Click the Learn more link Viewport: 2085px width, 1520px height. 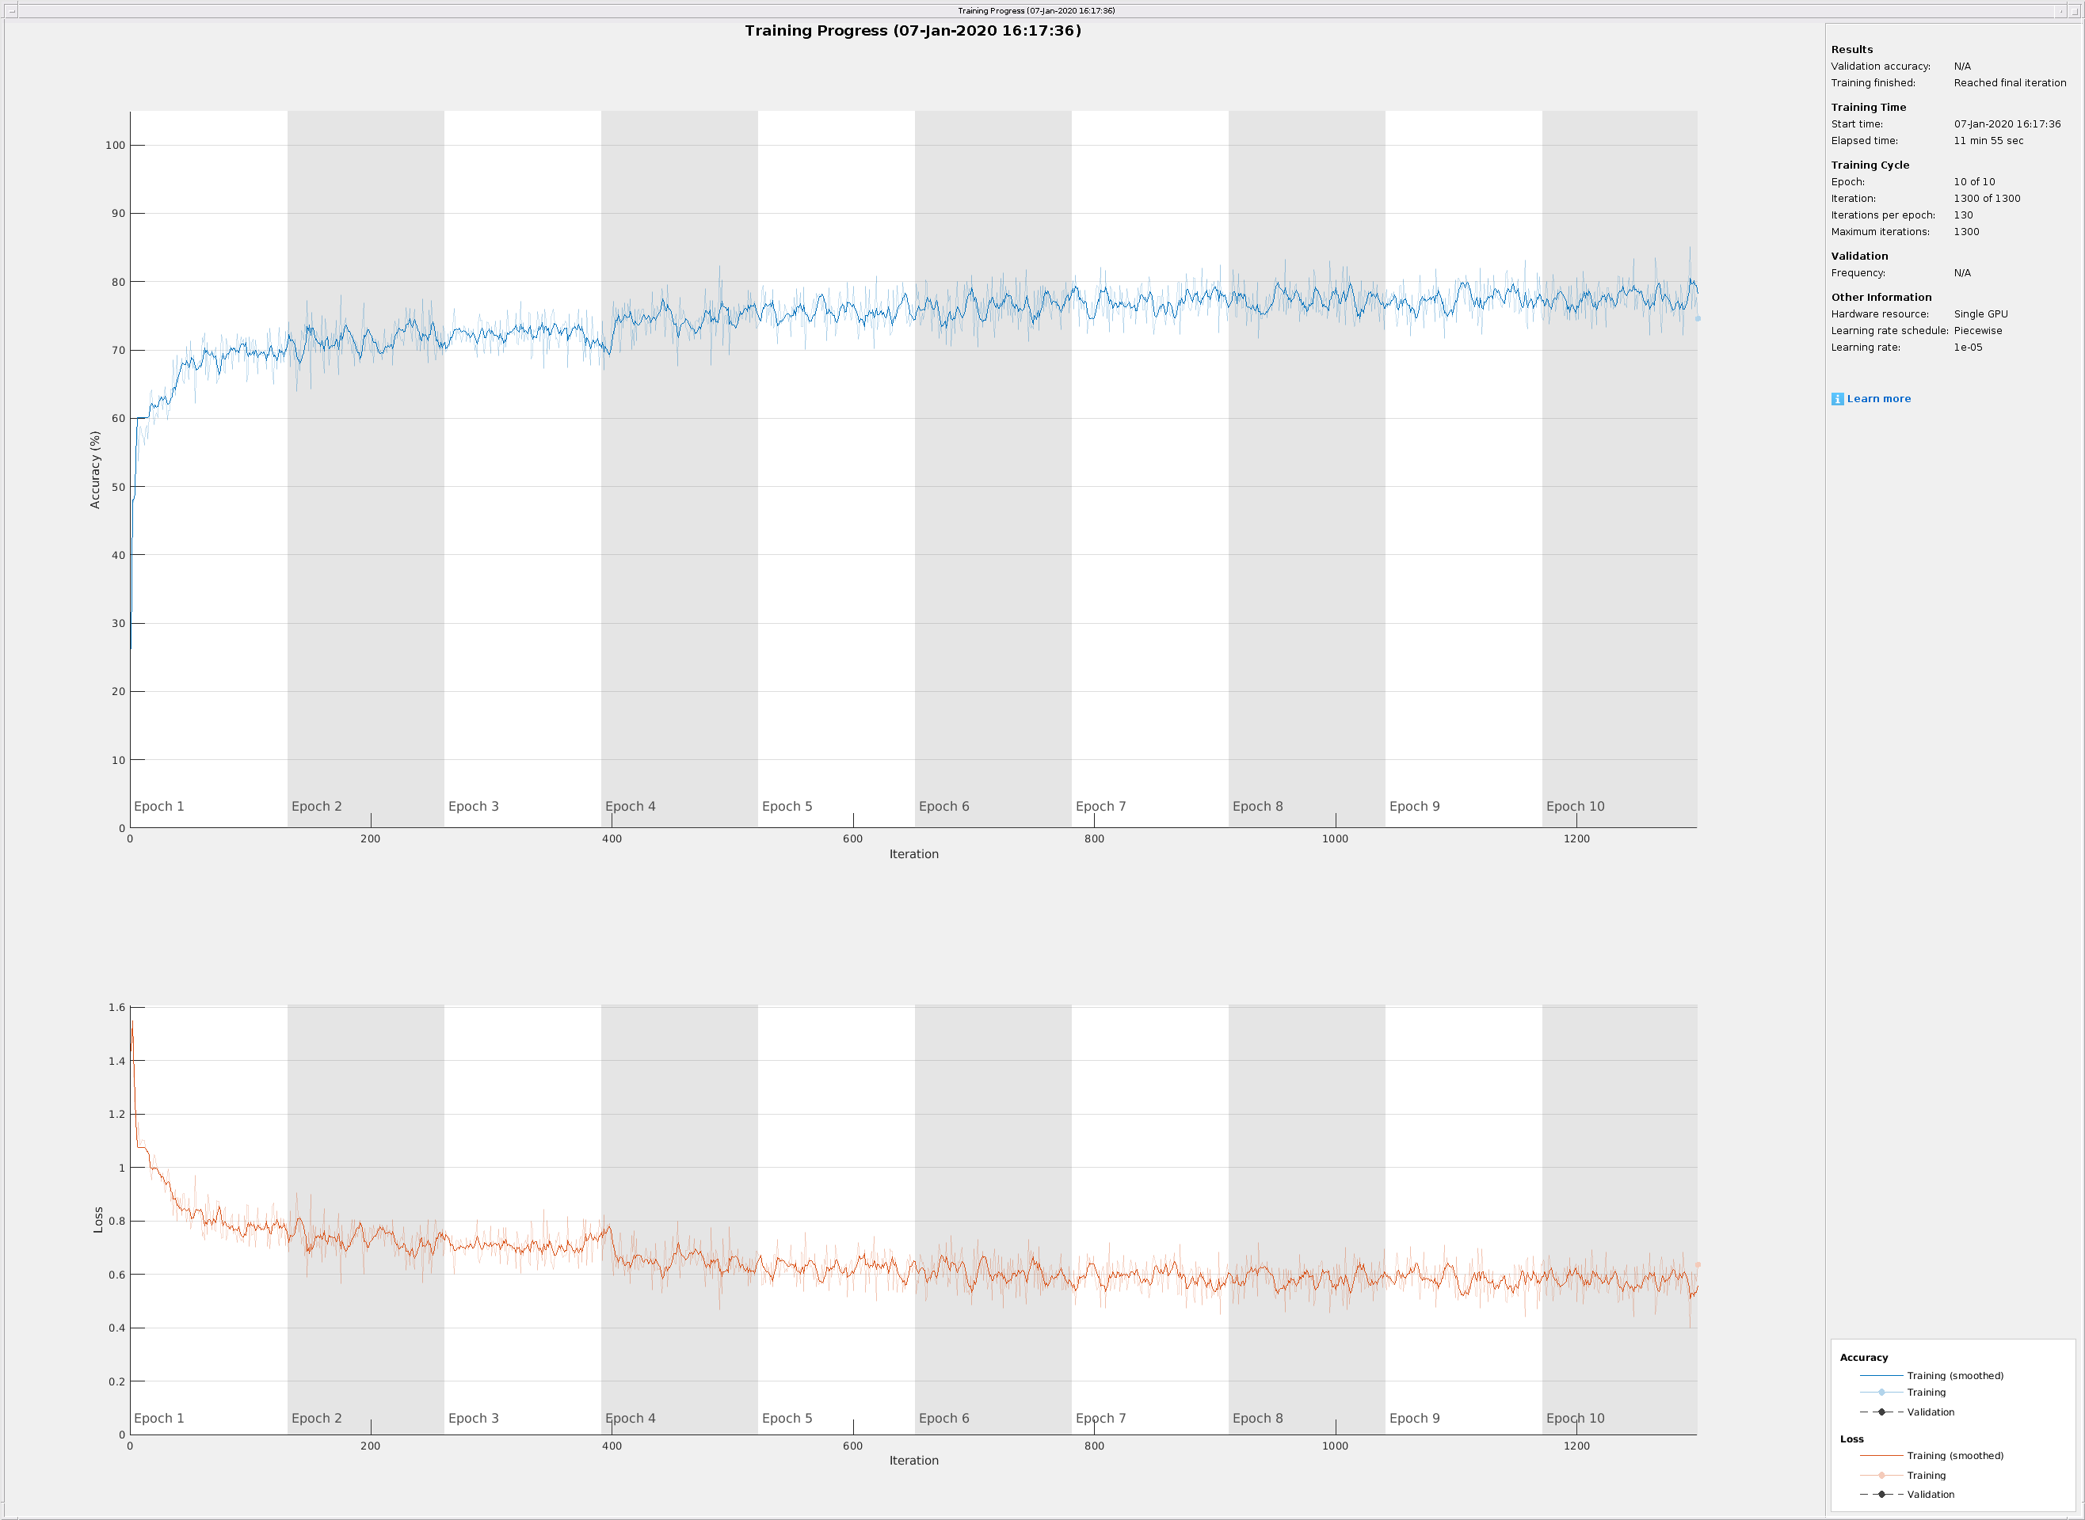(x=1878, y=398)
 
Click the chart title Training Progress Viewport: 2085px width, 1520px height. (x=913, y=30)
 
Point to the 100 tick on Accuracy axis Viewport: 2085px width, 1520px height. (x=115, y=146)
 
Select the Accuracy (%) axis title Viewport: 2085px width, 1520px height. (x=95, y=469)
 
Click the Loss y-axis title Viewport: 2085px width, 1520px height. (x=98, y=1219)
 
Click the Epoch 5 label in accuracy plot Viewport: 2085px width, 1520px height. (x=787, y=806)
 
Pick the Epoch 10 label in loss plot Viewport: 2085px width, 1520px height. (x=1575, y=1418)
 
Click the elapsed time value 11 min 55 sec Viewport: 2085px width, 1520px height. (x=1988, y=141)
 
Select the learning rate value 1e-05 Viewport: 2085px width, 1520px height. (x=1968, y=347)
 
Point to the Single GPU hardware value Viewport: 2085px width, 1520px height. (x=1981, y=313)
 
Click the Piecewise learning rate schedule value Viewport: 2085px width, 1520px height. (x=1978, y=330)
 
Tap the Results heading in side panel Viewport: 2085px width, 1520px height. (x=1851, y=50)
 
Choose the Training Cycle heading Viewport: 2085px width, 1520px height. (x=1870, y=165)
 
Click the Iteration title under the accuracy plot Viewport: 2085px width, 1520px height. (x=913, y=854)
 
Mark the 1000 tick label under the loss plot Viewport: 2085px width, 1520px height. (x=1335, y=1446)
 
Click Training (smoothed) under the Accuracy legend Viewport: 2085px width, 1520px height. (x=1954, y=1376)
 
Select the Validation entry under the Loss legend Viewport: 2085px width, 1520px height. (x=1931, y=1494)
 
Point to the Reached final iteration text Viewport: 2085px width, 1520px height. (x=2010, y=83)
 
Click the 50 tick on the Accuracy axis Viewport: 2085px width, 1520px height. (x=118, y=487)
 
